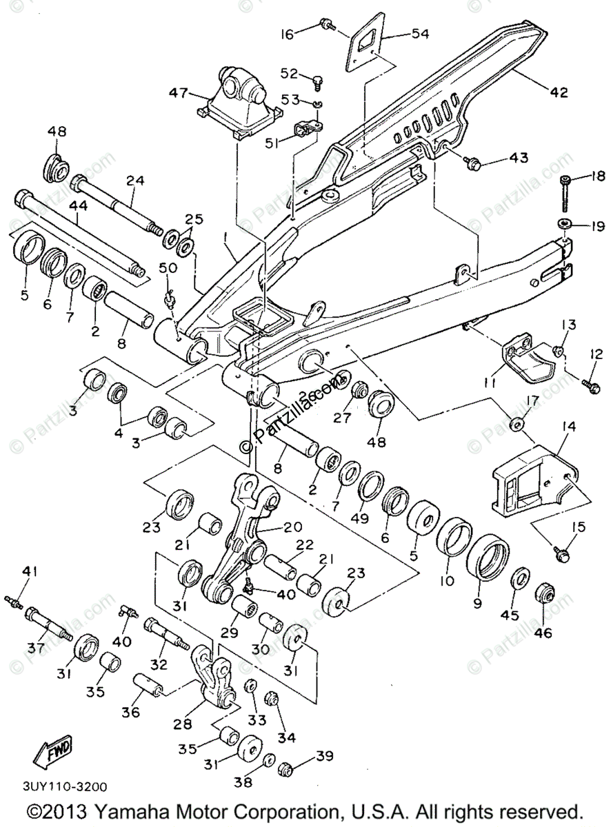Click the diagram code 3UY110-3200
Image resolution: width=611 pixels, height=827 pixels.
[65, 786]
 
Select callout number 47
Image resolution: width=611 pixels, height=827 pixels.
[179, 92]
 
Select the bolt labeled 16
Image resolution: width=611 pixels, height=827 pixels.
[327, 26]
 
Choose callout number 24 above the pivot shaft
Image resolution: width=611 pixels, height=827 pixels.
[135, 181]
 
